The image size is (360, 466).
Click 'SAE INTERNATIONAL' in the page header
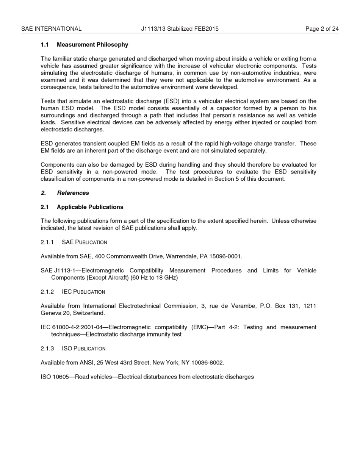point(51,29)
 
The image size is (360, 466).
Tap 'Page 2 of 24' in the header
point(322,29)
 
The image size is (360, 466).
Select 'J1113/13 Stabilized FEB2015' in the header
point(180,29)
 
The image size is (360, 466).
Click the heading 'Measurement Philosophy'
point(92,45)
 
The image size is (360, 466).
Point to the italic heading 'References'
point(73,193)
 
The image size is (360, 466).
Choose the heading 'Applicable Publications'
point(90,207)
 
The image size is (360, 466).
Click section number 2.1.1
point(47,242)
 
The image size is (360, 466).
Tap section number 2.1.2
point(47,292)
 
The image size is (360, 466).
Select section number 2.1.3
point(47,348)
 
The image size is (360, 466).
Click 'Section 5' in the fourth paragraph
point(226,179)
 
